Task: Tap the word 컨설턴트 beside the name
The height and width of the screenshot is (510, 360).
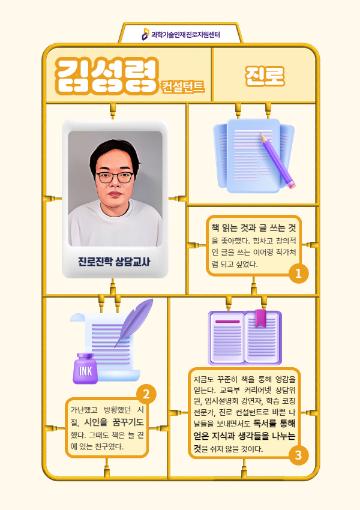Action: tap(183, 87)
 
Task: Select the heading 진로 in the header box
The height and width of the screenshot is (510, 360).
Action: tap(265, 76)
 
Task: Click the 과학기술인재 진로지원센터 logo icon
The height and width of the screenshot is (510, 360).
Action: tap(146, 34)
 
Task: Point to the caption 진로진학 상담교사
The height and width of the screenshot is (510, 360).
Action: tap(114, 262)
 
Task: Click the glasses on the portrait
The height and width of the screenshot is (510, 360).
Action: tap(115, 178)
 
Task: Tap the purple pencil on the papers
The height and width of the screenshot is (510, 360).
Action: tap(277, 160)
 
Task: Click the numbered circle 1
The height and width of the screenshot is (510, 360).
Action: tap(298, 274)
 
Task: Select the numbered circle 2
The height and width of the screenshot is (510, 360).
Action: tap(146, 394)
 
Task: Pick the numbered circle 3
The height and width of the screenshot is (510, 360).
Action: tap(298, 455)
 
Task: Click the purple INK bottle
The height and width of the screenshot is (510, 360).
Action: tap(85, 368)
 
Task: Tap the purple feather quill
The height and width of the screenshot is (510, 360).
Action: tap(134, 322)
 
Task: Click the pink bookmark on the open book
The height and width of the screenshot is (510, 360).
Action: tap(260, 318)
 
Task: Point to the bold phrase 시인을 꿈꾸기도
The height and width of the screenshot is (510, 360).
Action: tap(114, 422)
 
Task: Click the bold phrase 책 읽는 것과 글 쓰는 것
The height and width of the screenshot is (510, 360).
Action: tap(254, 227)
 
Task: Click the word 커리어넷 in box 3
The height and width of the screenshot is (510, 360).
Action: tap(257, 390)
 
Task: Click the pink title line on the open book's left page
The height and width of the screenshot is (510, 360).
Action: tap(227, 322)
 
